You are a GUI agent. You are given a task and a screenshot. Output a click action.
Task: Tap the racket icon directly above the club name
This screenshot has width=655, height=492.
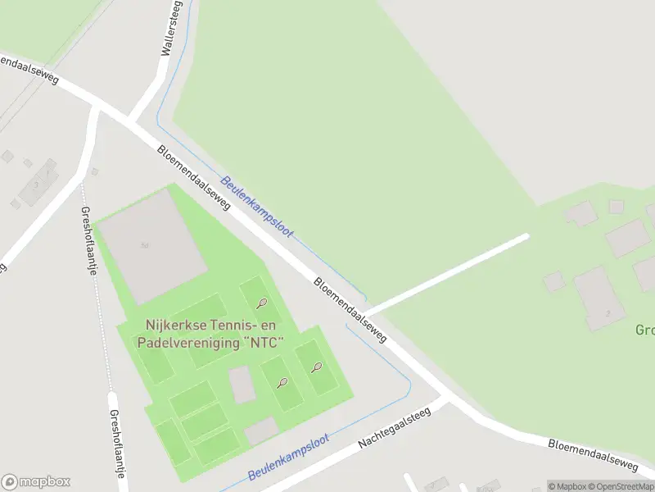point(261,304)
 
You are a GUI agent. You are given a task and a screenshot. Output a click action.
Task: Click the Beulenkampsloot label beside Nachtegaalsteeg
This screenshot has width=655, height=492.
point(288,458)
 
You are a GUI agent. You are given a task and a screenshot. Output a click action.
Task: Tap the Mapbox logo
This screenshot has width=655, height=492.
point(37,482)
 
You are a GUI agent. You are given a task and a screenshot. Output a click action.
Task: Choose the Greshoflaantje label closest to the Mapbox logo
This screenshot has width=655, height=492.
point(116,443)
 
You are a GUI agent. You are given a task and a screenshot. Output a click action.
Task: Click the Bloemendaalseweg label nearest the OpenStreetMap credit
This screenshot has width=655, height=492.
point(592,454)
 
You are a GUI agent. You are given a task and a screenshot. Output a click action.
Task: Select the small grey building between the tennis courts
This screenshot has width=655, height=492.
point(242,385)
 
